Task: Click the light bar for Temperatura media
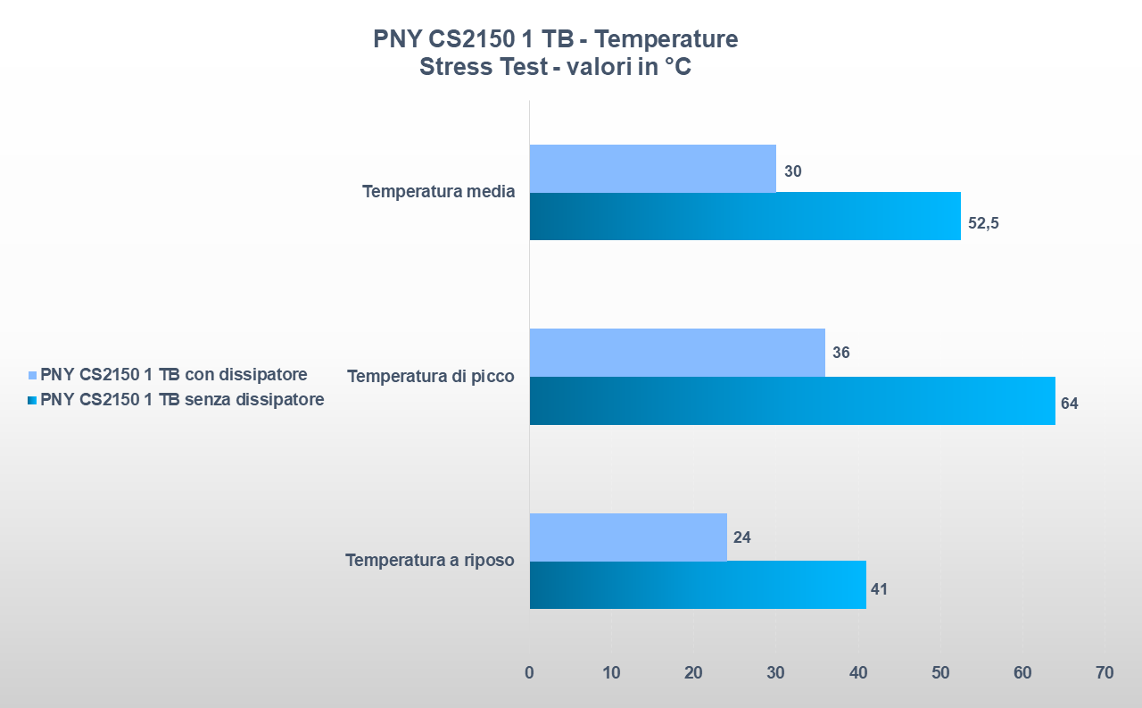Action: click(x=652, y=169)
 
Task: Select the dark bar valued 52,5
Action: click(x=745, y=217)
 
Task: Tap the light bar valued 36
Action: click(x=677, y=353)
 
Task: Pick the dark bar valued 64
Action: click(x=792, y=401)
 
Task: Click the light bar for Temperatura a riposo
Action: click(x=628, y=537)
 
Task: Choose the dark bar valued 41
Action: click(x=698, y=586)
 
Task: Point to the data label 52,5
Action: click(x=983, y=223)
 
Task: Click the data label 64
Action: click(x=1069, y=404)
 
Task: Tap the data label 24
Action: click(x=741, y=537)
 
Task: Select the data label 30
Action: click(x=792, y=171)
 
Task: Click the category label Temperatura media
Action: click(x=438, y=192)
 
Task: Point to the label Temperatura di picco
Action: click(x=431, y=377)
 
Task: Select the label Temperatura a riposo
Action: click(x=430, y=561)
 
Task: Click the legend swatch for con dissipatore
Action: click(x=33, y=375)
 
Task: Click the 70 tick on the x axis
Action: click(x=1105, y=673)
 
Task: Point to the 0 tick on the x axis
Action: click(x=529, y=673)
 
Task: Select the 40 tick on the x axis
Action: click(x=858, y=673)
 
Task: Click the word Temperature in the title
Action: click(x=666, y=40)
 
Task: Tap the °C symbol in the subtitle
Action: click(x=677, y=68)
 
